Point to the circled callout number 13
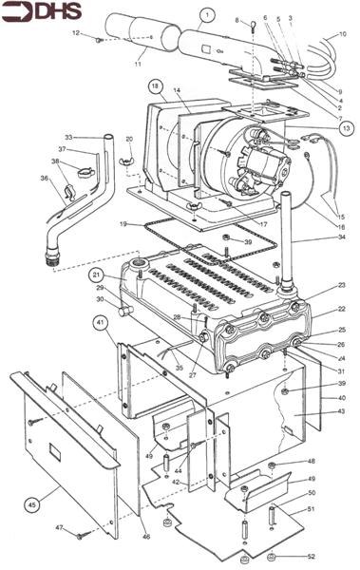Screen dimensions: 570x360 click(x=346, y=127)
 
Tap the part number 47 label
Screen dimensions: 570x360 click(x=59, y=526)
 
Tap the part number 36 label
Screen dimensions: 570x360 click(x=44, y=177)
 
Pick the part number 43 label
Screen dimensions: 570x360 click(x=339, y=410)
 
